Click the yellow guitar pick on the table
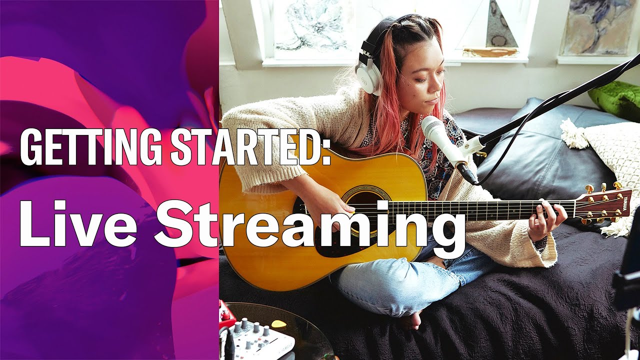pos(278,324)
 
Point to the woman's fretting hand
pos(547,220)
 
